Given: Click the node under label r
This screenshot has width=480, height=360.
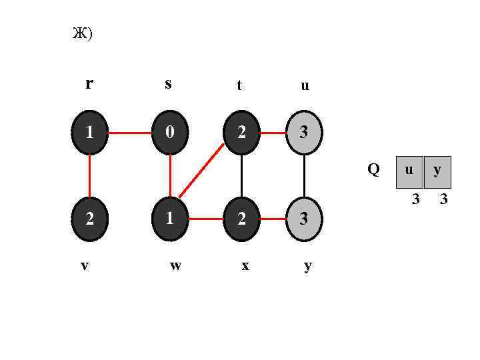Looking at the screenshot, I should pyautogui.click(x=89, y=133).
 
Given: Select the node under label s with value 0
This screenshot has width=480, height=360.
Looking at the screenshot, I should pyautogui.click(x=170, y=133).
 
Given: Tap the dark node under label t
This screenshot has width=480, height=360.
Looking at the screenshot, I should pyautogui.click(x=241, y=133).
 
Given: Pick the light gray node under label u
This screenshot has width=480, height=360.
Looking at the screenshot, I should pyautogui.click(x=304, y=133).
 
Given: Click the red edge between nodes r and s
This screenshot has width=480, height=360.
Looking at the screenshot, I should pyautogui.click(x=129, y=133).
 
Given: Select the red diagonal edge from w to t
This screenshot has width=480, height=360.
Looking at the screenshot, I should pyautogui.click(x=201, y=171).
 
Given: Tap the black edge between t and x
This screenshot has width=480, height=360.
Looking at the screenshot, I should pyautogui.click(x=241, y=175).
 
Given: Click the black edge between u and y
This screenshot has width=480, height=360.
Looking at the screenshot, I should pyautogui.click(x=304, y=175).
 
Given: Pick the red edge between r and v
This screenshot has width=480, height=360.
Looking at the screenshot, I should pyautogui.click(x=89, y=175).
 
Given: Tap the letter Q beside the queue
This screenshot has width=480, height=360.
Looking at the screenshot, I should pyautogui.click(x=373, y=170).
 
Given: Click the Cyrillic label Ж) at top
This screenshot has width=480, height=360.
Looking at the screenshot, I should pyautogui.click(x=82, y=33).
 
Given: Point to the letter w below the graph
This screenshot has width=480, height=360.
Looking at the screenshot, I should pyautogui.click(x=175, y=265).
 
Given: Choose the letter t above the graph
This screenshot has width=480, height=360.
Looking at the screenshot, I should pyautogui.click(x=239, y=85).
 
